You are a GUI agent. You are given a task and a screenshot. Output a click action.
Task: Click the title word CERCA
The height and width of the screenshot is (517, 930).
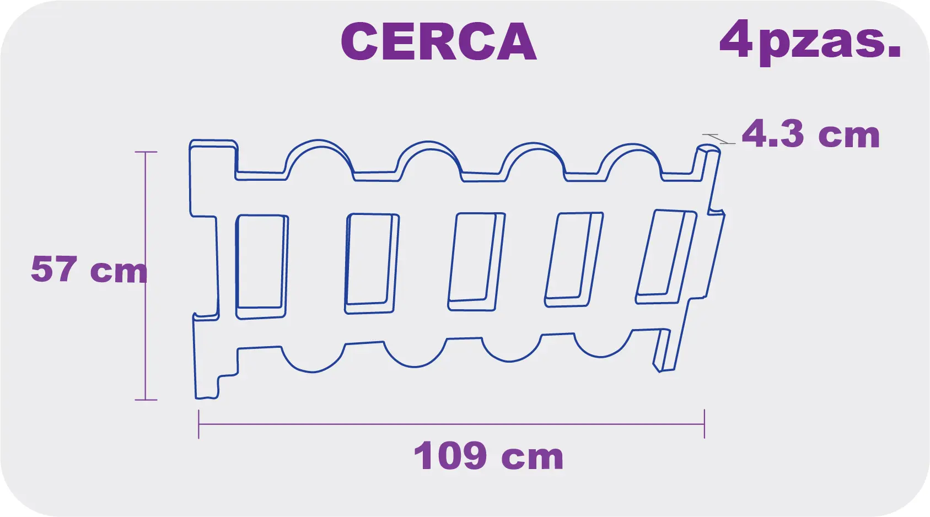[x=438, y=42]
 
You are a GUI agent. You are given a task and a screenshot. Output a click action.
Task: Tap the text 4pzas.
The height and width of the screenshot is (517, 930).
[x=810, y=41]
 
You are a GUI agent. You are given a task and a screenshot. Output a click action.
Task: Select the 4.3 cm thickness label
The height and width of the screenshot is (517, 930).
[x=810, y=134]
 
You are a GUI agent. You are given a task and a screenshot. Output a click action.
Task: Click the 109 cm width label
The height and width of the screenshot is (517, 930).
[x=488, y=456]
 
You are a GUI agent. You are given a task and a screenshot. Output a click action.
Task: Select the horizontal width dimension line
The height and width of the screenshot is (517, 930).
[x=451, y=424]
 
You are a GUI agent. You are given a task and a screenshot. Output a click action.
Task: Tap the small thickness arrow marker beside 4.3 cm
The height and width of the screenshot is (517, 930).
[x=718, y=138]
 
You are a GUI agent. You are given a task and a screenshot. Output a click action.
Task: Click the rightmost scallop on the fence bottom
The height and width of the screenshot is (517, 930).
[x=602, y=347]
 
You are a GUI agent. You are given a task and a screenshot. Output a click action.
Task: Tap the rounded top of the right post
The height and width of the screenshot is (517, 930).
[x=708, y=148]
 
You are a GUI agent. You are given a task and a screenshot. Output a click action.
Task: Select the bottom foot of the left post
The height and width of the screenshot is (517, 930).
[x=207, y=389]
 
